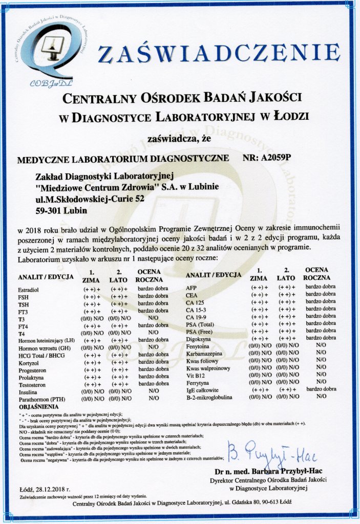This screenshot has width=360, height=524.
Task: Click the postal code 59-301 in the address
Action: pyautogui.click(x=50, y=210)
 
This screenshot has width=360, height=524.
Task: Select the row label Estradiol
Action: pyautogui.click(x=28, y=290)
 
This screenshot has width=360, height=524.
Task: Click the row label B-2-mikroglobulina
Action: pyautogui.click(x=210, y=397)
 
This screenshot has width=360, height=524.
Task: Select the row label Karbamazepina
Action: pyautogui.click(x=203, y=353)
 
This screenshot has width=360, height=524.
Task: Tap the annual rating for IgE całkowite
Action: pyautogui.click(x=321, y=389)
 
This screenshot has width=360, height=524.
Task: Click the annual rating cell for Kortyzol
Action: pyautogui.click(x=153, y=361)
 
